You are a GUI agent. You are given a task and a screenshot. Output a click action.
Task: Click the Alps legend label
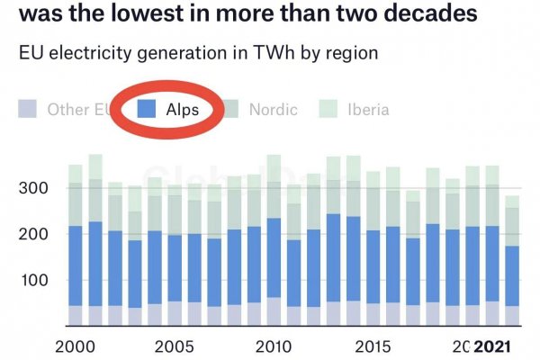click(x=182, y=110)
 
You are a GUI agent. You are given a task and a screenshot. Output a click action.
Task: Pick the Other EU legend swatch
click(x=28, y=110)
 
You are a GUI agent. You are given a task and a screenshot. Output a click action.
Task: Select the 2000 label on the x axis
click(x=76, y=346)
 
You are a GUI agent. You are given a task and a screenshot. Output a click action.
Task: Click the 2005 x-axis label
click(x=174, y=346)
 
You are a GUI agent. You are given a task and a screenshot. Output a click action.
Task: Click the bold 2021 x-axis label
click(x=493, y=346)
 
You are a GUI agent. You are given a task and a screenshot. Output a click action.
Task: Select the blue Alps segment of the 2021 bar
click(x=512, y=275)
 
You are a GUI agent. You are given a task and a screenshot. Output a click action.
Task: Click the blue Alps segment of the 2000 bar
click(x=76, y=265)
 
